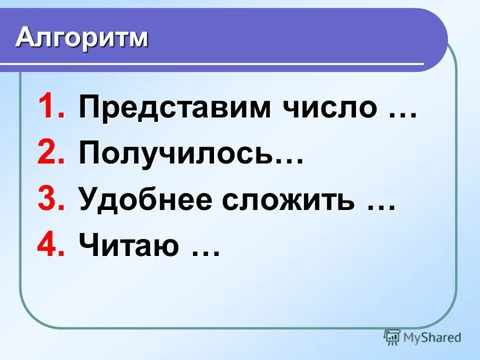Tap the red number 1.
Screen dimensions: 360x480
point(51,107)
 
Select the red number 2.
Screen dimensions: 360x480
point(51,154)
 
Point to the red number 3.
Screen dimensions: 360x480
point(51,200)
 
